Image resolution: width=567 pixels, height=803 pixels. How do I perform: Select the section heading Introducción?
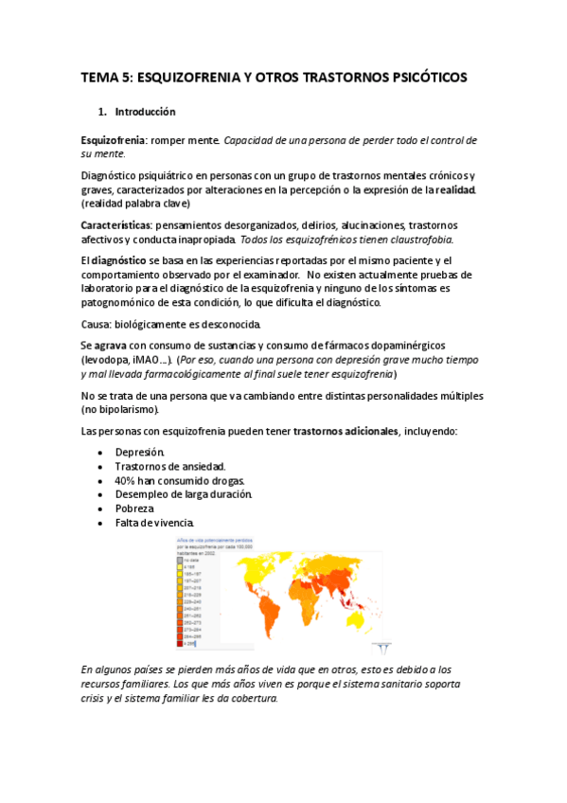143,112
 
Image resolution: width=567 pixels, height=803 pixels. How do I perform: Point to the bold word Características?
115,225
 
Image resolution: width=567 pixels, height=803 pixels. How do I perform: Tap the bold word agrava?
113,346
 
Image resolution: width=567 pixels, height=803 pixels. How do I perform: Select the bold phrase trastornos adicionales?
346,431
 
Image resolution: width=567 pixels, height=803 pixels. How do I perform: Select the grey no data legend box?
177,560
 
